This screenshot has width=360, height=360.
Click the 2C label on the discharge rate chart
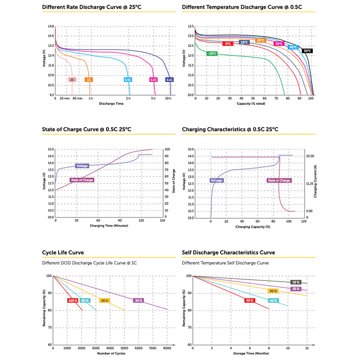pos(72,80)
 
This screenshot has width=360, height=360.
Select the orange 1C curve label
pos(89,80)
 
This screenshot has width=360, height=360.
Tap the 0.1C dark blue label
pos(170,80)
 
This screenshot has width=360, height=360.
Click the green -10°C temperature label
pos(212,54)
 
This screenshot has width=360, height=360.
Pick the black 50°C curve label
pos(307,51)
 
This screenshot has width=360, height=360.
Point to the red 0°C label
pos(228,44)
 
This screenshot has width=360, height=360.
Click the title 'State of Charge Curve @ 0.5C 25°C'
pos(86,130)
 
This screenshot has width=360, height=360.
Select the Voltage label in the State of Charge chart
pos(82,166)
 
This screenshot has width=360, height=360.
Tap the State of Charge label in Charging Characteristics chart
pos(279,180)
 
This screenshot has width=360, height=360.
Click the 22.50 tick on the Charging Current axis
pos(310,156)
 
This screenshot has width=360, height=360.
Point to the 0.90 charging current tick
pos(310,211)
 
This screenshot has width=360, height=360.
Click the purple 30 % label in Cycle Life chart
pos(139,300)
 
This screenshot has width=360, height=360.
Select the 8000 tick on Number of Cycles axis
pos(167,349)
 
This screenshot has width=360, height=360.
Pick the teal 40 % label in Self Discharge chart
pos(273,300)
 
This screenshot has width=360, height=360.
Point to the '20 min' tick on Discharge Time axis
pos(65,99)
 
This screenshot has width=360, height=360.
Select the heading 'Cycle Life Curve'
pos(63,252)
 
